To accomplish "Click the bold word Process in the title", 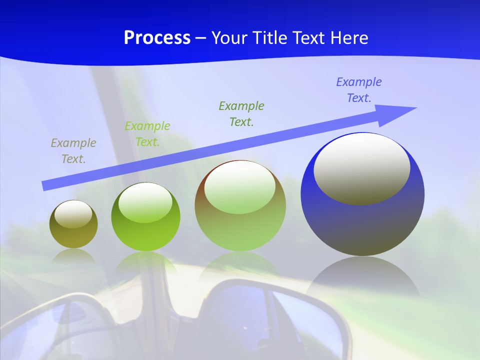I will pos(157,38).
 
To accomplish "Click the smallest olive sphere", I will pos(73,224).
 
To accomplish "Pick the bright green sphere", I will pos(145,217).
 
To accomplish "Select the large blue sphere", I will pos(362,194).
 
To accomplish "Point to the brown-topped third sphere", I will pos(240,206).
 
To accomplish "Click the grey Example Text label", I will pos(73,151).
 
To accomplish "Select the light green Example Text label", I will pos(147,134).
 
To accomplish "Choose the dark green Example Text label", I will pos(241,113).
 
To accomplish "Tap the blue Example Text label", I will pos(359,90).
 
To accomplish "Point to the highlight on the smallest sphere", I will pos(73,214).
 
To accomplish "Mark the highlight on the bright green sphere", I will pos(145,202).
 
